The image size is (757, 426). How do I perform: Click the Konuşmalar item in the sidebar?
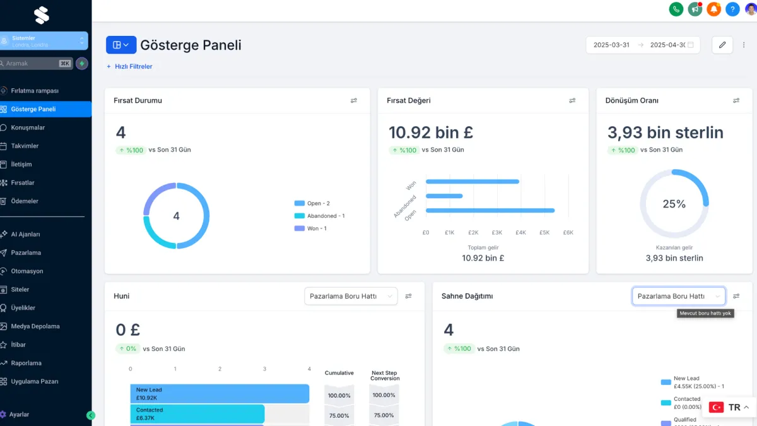pyautogui.click(x=28, y=127)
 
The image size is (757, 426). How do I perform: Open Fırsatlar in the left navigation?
pyautogui.click(x=23, y=183)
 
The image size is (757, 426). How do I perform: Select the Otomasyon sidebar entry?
pyautogui.click(x=26, y=271)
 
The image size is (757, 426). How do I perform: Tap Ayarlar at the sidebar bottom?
pyautogui.click(x=19, y=415)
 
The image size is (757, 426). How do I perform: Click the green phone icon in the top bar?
pyautogui.click(x=676, y=9)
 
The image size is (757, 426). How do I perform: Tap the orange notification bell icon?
pyautogui.click(x=713, y=9)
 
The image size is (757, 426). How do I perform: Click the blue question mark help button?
pyautogui.click(x=732, y=9)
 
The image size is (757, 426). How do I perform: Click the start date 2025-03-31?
pyautogui.click(x=611, y=45)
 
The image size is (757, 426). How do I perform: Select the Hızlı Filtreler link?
pyautogui.click(x=133, y=66)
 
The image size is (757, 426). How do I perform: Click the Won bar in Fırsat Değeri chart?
pyautogui.click(x=472, y=182)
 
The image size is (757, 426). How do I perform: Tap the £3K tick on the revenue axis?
pyautogui.click(x=497, y=233)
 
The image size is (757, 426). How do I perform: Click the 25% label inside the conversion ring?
pyautogui.click(x=674, y=204)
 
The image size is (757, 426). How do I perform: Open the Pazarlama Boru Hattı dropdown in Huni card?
pyautogui.click(x=351, y=296)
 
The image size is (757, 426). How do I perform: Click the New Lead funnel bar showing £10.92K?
pyautogui.click(x=220, y=394)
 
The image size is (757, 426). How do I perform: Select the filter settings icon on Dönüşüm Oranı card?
pyautogui.click(x=736, y=100)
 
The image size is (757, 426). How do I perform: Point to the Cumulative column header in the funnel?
pyautogui.click(x=339, y=373)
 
